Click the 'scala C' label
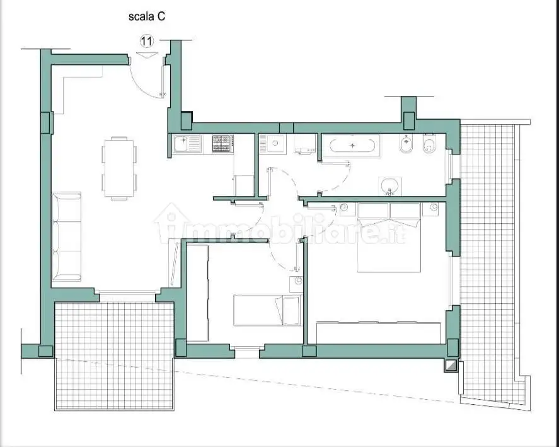[x=146, y=16]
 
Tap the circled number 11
[x=146, y=41]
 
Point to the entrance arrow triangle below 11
[x=147, y=55]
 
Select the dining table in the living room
[x=119, y=168]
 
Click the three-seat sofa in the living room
[x=67, y=236]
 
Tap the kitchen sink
[x=187, y=144]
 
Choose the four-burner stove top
[x=223, y=144]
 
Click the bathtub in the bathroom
[x=352, y=146]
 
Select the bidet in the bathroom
[x=406, y=144]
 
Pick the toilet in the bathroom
[x=430, y=144]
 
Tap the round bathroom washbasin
[x=389, y=186]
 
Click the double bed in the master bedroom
[x=389, y=237]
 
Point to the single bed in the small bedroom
[x=267, y=310]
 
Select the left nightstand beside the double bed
[x=348, y=209]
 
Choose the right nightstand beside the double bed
[x=431, y=209]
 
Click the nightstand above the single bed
[x=296, y=284]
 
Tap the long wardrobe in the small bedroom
[x=197, y=293]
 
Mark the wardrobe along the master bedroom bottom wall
[x=379, y=333]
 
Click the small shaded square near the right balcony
[x=451, y=366]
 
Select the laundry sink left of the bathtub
[x=273, y=144]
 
